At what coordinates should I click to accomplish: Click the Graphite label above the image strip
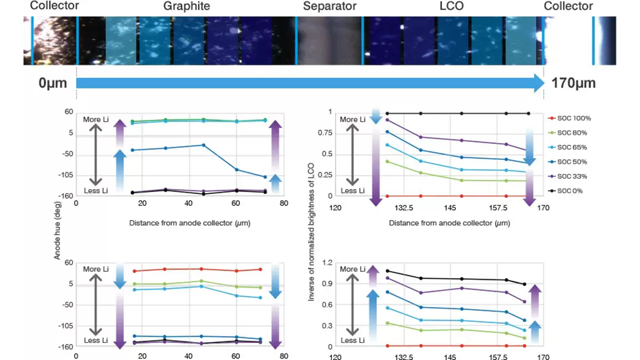(x=186, y=6)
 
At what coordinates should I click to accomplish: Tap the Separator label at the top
(x=329, y=6)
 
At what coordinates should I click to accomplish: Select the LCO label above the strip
(x=451, y=6)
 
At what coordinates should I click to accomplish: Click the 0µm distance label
(x=52, y=83)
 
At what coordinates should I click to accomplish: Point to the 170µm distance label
(x=573, y=83)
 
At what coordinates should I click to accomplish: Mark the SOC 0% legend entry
(x=569, y=191)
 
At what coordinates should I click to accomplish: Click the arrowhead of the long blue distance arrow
(x=538, y=83)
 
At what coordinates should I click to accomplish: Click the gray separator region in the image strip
(x=329, y=41)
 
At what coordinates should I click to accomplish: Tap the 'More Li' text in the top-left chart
(x=96, y=119)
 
